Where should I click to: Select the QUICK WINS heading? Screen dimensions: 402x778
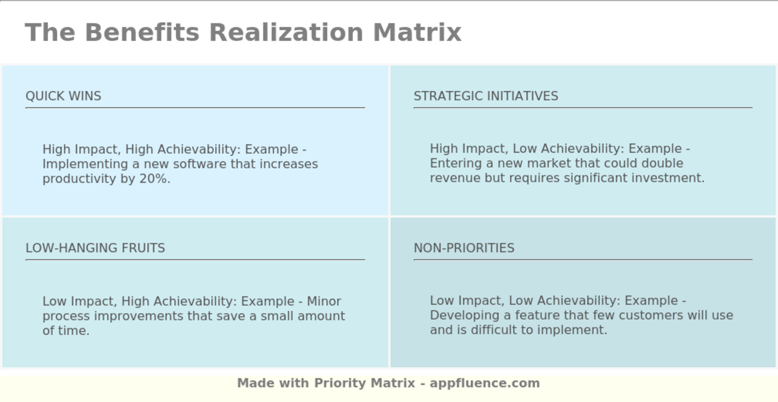(63, 96)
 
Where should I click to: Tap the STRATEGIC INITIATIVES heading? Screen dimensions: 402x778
(486, 96)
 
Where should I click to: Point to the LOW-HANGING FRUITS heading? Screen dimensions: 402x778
(95, 248)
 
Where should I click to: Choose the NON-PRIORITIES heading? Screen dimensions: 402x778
(464, 248)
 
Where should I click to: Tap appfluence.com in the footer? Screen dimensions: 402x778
(485, 383)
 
